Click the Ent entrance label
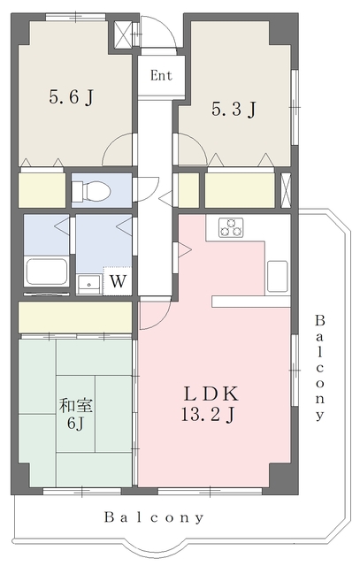point(160,75)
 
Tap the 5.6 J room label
point(71,96)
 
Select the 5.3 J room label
point(234,110)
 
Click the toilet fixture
point(91,190)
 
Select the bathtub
point(47,272)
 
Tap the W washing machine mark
point(117,282)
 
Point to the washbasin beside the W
point(88,283)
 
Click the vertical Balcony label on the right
point(320,366)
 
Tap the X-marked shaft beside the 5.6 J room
point(121,30)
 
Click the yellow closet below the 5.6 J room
point(42,190)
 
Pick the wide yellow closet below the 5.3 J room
point(240,190)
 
